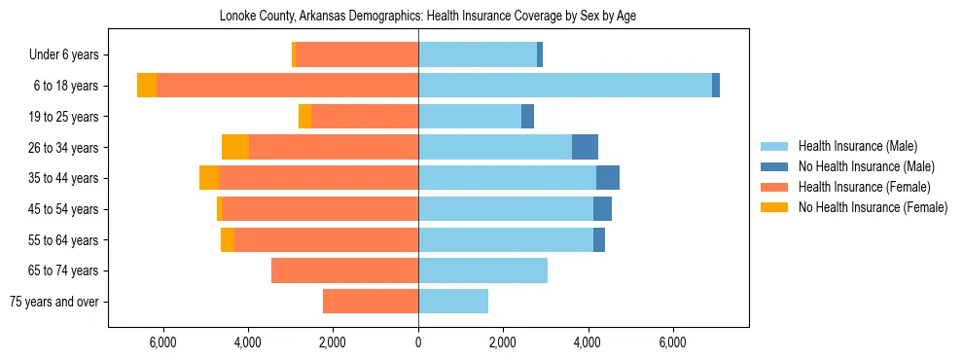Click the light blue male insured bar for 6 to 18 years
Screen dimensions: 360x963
pyautogui.click(x=565, y=86)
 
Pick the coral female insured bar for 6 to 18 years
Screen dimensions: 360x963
pyautogui.click(x=287, y=86)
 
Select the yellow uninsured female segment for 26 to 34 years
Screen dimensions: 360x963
pyautogui.click(x=235, y=147)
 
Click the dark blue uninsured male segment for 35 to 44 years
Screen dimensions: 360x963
pyautogui.click(x=608, y=178)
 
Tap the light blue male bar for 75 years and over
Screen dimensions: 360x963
pyautogui.click(x=453, y=302)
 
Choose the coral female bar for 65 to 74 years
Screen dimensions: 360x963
pyautogui.click(x=344, y=270)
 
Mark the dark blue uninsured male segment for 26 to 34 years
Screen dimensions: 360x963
pyautogui.click(x=585, y=147)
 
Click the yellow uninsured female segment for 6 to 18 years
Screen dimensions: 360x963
pyautogui.click(x=147, y=86)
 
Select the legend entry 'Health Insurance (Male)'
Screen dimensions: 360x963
pyautogui.click(x=857, y=146)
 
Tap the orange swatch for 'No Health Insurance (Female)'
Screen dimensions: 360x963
pyautogui.click(x=774, y=207)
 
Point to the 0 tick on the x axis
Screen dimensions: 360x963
pyautogui.click(x=418, y=342)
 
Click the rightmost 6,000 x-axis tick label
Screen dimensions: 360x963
pyautogui.click(x=673, y=342)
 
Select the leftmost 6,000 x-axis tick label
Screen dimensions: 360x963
pyautogui.click(x=162, y=342)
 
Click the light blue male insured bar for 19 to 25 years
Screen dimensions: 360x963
pyautogui.click(x=470, y=117)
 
